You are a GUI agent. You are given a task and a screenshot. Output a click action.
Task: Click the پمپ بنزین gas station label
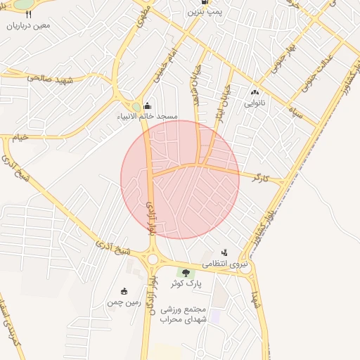209,12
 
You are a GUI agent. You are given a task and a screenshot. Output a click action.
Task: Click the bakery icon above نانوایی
254,92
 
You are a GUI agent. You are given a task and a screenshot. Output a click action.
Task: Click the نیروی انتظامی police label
226,264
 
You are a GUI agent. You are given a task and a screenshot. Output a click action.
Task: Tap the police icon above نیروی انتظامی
224,252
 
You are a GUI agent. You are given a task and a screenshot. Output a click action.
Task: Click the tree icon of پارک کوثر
186,272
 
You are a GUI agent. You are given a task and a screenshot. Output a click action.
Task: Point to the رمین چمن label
124,303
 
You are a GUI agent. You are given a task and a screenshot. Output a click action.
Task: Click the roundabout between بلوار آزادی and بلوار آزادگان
153,259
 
